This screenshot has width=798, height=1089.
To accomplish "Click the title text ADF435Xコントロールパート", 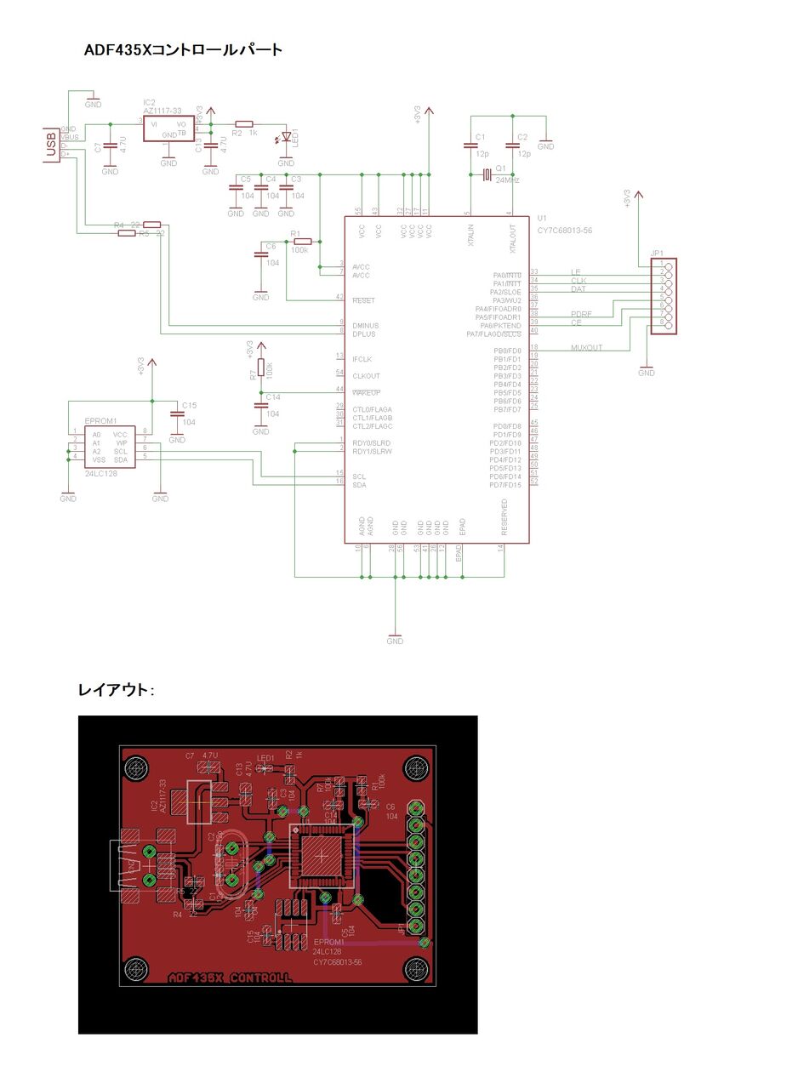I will point(183,50).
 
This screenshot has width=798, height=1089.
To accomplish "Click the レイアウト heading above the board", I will point(115,690).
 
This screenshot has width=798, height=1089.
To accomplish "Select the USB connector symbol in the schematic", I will point(52,145).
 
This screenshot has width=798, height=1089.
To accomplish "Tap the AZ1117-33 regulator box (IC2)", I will point(169,128).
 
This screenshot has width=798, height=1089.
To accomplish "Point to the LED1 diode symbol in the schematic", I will point(286,136).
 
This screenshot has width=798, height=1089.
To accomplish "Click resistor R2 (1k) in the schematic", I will point(244,123).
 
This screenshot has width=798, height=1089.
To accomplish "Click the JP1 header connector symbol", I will point(663,296).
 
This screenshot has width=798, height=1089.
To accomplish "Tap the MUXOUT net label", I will point(586,348).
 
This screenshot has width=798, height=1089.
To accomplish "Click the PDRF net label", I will point(582,315).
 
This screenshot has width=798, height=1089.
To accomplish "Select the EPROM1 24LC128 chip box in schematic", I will point(110,447).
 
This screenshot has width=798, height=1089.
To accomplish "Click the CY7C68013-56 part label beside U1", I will point(564,230).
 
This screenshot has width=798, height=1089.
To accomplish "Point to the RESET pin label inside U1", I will point(363,300).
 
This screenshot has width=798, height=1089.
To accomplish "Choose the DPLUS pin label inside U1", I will point(364,334).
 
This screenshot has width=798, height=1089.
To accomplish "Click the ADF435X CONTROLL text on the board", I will point(230,978).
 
